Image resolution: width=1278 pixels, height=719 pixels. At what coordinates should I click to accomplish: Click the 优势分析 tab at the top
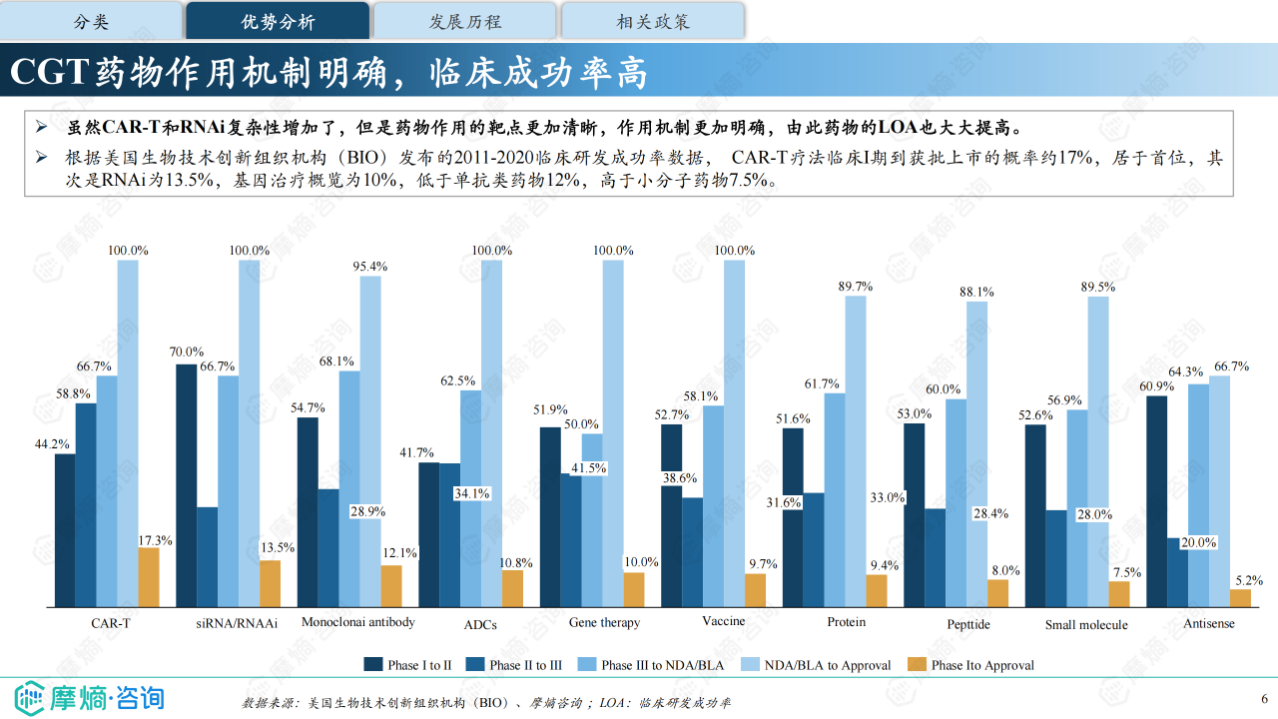(278, 21)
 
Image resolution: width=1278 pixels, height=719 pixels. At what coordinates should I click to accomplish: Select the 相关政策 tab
(653, 21)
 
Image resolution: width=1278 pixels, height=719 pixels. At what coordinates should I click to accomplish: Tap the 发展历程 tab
(465, 21)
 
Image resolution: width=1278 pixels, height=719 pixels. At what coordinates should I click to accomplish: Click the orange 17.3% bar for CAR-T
(149, 577)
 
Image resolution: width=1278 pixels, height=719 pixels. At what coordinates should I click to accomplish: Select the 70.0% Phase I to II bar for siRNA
(186, 485)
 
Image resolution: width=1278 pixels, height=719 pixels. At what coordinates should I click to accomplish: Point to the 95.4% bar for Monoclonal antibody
(370, 440)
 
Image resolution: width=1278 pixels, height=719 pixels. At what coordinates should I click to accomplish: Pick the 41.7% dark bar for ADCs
(428, 534)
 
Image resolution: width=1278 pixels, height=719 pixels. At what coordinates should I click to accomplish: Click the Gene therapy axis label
(604, 622)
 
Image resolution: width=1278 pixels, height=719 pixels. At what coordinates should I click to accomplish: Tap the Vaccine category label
(724, 621)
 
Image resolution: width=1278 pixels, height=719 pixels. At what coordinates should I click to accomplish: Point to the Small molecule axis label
(1086, 625)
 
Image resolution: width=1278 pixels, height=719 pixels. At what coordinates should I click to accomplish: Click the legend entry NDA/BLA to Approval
(818, 665)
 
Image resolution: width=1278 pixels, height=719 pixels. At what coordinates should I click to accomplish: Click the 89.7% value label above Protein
(856, 287)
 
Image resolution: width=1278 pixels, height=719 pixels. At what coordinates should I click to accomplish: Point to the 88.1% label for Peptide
(976, 293)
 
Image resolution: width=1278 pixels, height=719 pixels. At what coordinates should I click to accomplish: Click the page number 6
(1263, 698)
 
